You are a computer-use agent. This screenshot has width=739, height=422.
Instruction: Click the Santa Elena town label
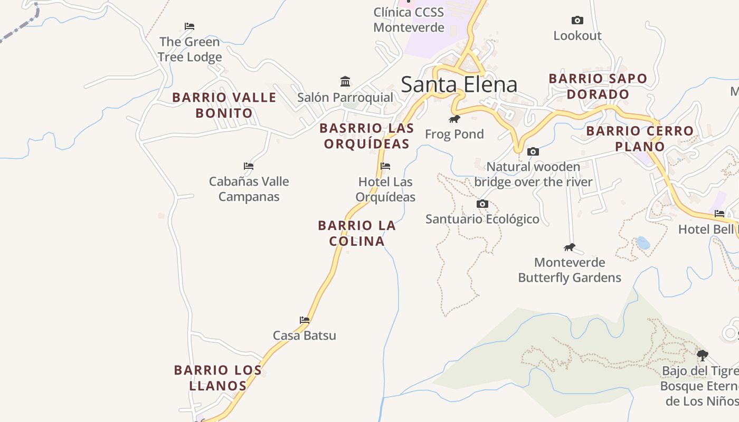coord(459,84)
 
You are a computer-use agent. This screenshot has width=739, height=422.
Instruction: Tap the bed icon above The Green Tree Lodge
coord(190,26)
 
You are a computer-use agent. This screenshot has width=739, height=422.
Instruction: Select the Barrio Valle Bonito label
coord(224,105)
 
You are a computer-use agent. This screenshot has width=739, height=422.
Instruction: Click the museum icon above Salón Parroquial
coord(345,81)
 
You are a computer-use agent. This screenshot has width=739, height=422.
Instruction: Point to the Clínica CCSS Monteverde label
coord(409,20)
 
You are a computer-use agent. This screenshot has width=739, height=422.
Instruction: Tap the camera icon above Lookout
coord(577,21)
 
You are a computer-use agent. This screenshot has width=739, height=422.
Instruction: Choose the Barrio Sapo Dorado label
coord(598,87)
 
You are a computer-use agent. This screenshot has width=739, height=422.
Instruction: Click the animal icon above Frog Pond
coord(454,119)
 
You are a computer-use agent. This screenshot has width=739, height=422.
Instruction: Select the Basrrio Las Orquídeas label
coord(366,136)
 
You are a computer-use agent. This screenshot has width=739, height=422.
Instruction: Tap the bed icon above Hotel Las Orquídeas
coord(385,166)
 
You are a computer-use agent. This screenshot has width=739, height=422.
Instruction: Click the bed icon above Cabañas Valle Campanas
coord(249,166)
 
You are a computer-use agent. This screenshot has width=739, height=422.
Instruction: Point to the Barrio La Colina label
coord(357,233)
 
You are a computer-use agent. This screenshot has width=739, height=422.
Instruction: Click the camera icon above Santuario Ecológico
coord(482,204)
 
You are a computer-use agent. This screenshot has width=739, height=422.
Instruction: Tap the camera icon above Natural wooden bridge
coord(533,152)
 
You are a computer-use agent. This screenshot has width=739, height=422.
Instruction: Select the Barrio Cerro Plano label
coord(640,139)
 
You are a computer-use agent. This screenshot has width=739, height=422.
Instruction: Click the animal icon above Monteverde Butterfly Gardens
coord(570,247)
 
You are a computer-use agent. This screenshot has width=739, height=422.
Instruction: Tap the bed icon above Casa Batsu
coord(305,320)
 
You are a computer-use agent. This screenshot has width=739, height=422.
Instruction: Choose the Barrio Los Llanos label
coord(218,378)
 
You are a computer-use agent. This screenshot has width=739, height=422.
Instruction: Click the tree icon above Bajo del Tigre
coord(702,355)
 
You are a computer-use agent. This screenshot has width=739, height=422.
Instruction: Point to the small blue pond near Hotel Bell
coord(643,243)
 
